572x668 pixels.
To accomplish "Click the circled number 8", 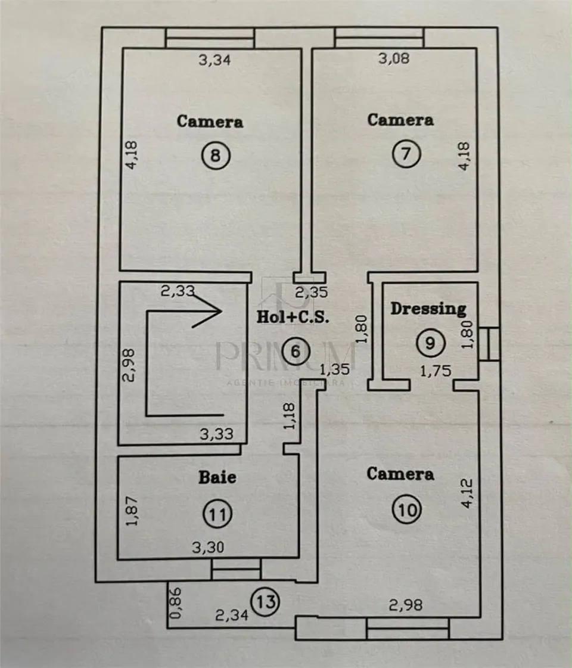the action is click(x=216, y=155).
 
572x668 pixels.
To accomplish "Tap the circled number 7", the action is click(x=406, y=153).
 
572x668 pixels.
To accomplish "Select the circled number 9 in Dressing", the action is click(x=431, y=343).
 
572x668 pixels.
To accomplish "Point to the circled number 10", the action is click(x=408, y=509).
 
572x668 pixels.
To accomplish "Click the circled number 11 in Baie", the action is click(x=217, y=514).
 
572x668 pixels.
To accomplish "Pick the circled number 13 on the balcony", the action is click(x=266, y=601).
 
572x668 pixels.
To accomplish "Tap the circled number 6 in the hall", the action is click(x=295, y=351).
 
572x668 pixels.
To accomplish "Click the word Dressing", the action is click(x=428, y=309).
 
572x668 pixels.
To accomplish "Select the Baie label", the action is click(x=217, y=477).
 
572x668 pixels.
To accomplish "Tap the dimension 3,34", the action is click(x=214, y=60).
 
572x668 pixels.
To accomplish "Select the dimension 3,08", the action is click(x=394, y=58).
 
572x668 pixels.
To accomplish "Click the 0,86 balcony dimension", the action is click(x=176, y=603).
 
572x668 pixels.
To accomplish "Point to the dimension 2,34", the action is click(x=232, y=615).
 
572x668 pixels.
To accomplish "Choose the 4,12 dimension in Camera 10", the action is click(x=467, y=493).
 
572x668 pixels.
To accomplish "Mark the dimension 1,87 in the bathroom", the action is click(x=132, y=511).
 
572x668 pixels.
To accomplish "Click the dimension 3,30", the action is click(x=208, y=547).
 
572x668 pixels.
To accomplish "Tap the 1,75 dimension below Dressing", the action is click(x=436, y=371).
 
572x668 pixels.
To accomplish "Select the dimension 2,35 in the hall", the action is click(x=312, y=292).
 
